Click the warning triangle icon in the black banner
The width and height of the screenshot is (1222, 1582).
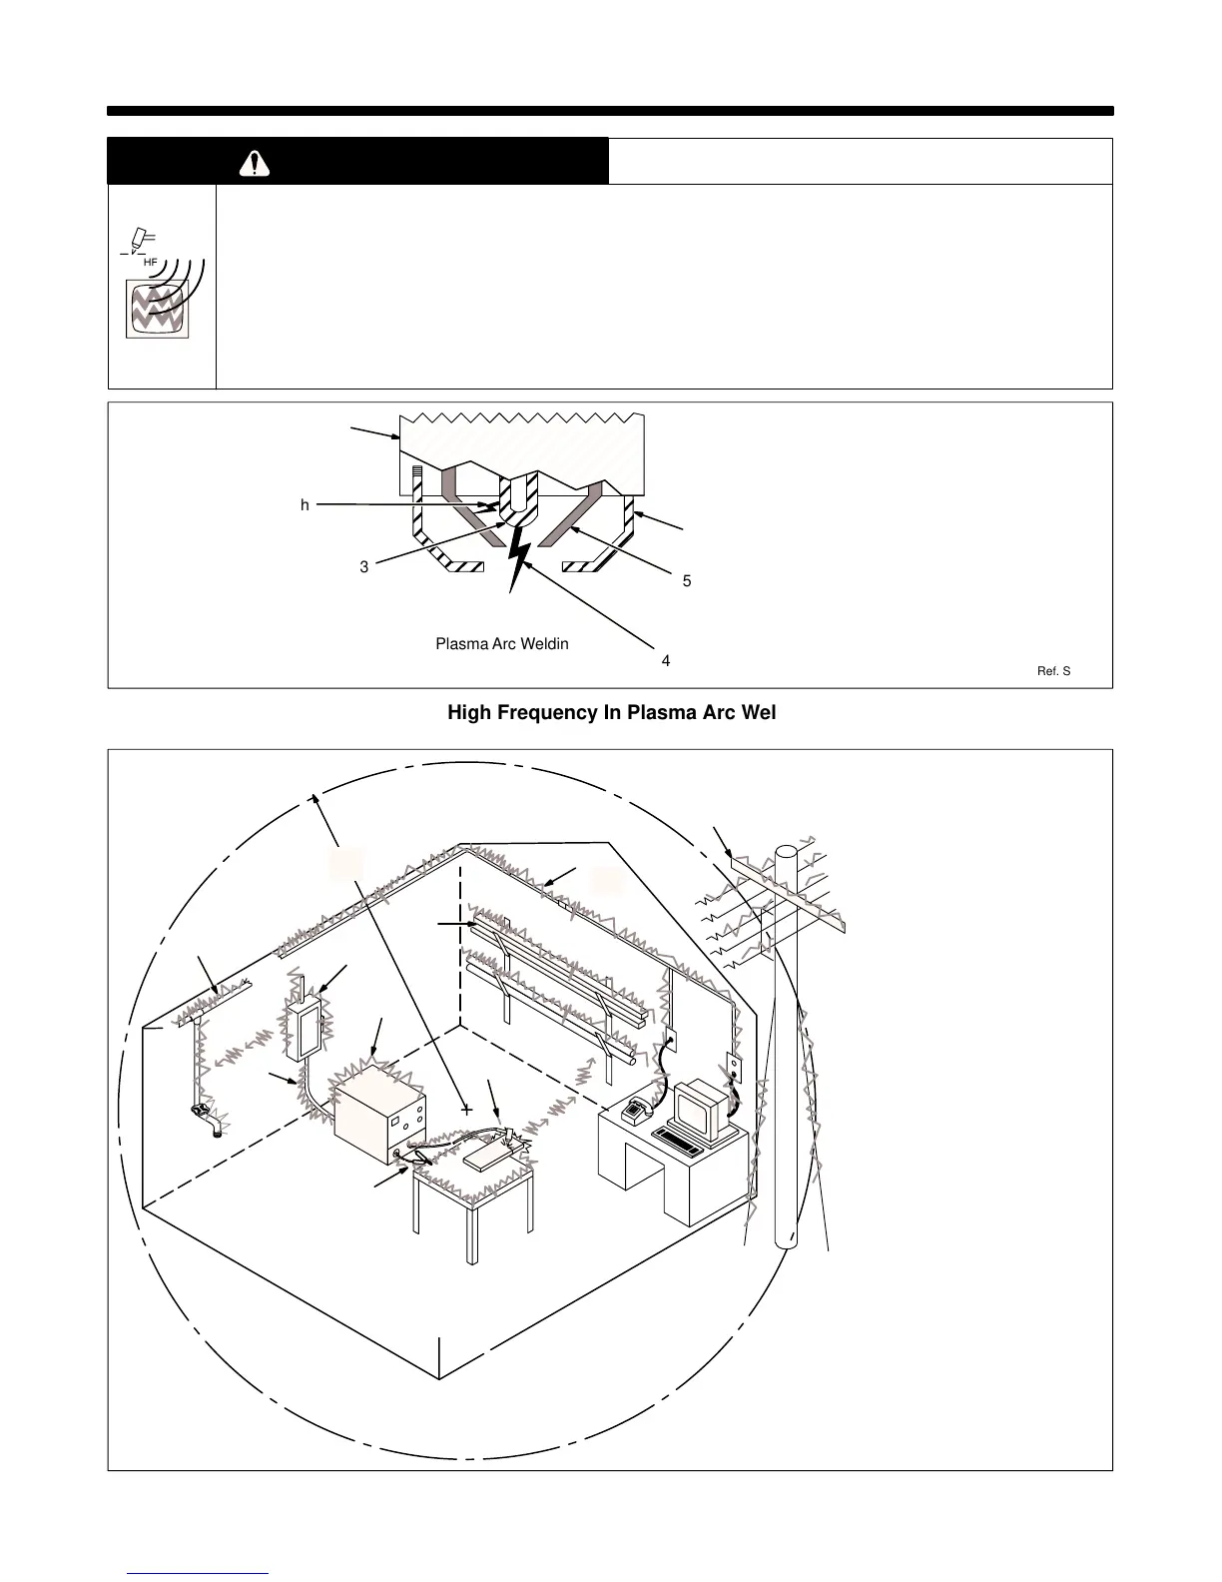tap(256, 164)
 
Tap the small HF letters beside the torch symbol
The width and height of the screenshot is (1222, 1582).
tap(151, 262)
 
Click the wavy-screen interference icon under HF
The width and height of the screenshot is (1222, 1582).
tap(155, 308)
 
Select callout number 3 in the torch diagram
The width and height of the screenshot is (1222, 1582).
tap(364, 567)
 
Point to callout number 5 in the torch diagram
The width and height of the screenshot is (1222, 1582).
tap(687, 581)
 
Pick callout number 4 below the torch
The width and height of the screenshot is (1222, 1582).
tap(666, 661)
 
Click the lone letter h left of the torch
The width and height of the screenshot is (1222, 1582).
tap(305, 506)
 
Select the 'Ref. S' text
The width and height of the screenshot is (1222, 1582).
tap(1053, 671)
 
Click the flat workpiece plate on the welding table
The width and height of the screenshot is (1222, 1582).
tap(493, 1159)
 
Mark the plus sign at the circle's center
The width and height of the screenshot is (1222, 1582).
tap(466, 1110)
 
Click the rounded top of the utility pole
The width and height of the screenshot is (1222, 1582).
tap(787, 852)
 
